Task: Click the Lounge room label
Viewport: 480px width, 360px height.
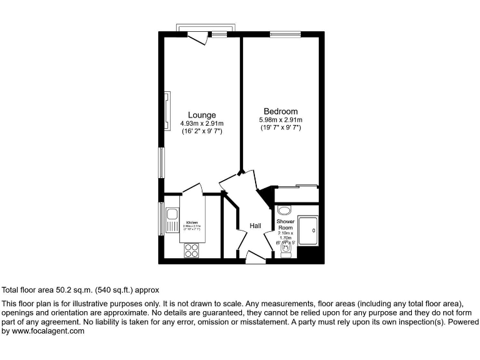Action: coord(202,115)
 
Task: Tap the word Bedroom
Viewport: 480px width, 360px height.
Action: coord(281,111)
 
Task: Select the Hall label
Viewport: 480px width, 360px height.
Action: coord(256,226)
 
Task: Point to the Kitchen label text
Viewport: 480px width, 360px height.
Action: coord(191,222)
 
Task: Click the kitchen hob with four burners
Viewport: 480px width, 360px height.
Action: coord(191,250)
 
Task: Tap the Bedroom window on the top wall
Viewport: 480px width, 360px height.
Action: coord(284,34)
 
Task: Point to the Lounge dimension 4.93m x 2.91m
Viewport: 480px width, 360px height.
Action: coord(202,123)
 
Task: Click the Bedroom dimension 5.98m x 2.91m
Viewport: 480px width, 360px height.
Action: coord(281,120)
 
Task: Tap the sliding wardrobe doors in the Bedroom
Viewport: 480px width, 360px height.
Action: coord(297,186)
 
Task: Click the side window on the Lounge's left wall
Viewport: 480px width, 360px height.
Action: coord(161,163)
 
